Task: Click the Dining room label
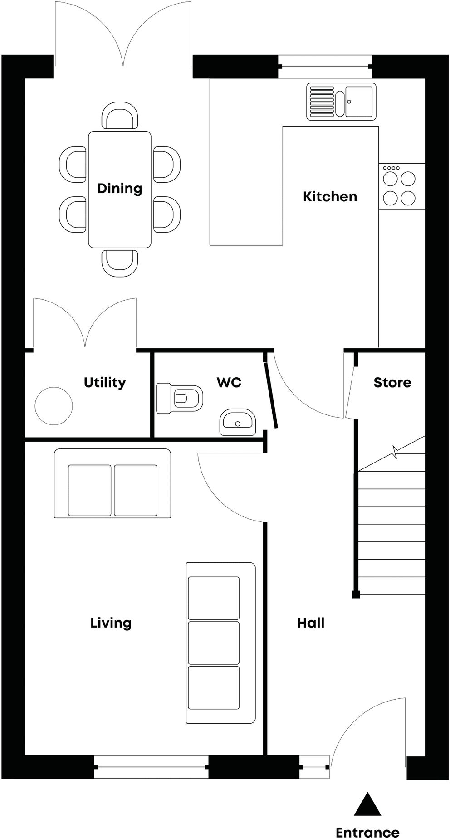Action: pos(120,188)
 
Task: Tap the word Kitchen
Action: pos(330,196)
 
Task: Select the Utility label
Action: pos(105,382)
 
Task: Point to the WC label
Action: pos(229,382)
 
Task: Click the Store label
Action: pos(392,382)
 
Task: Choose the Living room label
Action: pos(111,623)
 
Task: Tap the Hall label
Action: pos(311,623)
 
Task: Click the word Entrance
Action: pos(367,832)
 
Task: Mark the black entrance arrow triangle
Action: pos(367,805)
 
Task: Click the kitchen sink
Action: pos(341,101)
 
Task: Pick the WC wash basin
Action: pos(237,422)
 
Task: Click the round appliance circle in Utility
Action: pos(54,406)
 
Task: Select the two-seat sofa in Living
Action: pos(112,483)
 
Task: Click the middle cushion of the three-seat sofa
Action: pos(214,643)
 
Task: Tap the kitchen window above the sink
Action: pos(325,67)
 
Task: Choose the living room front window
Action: pos(152,767)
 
